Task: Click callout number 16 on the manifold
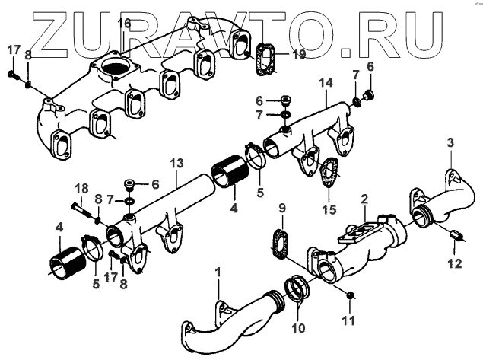pos(124,24)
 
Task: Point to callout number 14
pos(327,82)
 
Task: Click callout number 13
pos(176,164)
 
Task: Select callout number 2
pos(364,199)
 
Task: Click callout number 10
pos(297,328)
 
